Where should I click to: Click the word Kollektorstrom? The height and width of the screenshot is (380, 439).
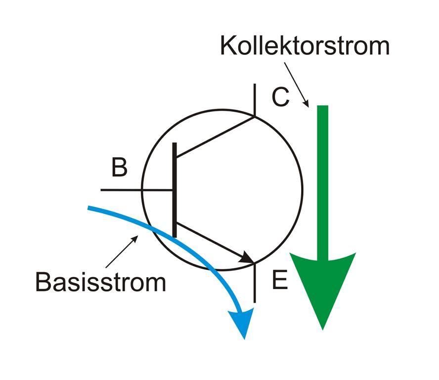click(305, 46)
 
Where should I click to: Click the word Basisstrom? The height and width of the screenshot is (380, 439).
click(100, 282)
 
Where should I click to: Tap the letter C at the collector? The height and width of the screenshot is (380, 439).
click(280, 97)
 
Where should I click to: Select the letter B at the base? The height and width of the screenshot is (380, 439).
click(119, 168)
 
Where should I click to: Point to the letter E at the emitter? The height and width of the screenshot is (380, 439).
click(279, 281)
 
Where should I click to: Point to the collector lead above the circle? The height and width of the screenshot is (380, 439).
click(255, 99)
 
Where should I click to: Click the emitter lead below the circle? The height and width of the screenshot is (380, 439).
click(255, 285)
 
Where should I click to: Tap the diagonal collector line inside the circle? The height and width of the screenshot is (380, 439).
click(215, 137)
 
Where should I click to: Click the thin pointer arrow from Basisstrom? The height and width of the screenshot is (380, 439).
click(121, 253)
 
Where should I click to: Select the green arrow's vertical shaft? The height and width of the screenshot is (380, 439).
click(322, 178)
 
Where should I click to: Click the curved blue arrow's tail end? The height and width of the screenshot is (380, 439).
click(90, 208)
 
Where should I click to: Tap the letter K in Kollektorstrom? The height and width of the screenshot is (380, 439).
click(227, 46)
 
